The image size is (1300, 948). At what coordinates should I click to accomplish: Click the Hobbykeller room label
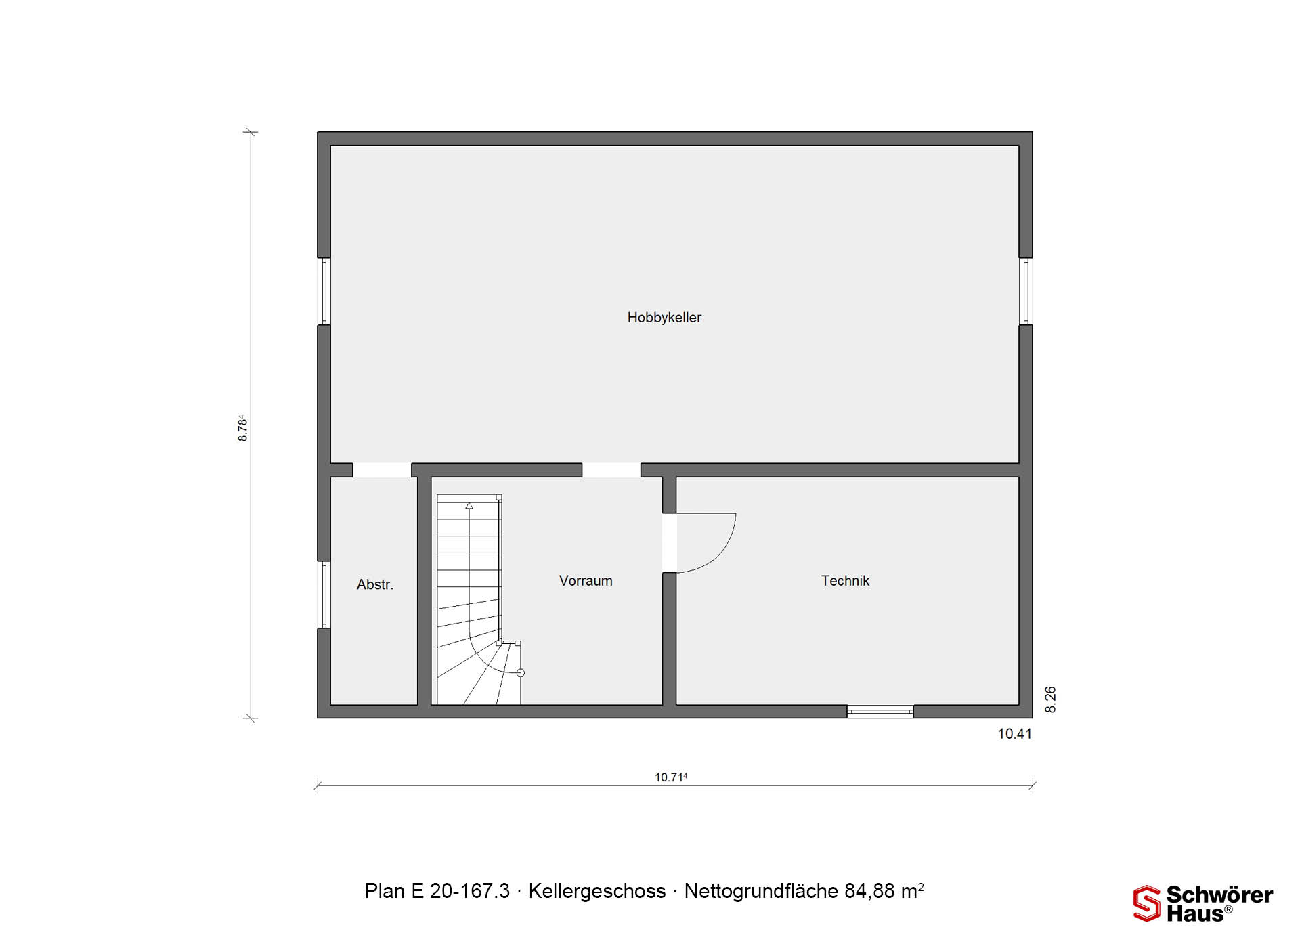tap(664, 318)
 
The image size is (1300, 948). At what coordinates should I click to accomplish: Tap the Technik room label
tap(845, 580)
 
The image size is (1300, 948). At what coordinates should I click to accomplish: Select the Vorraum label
tap(586, 580)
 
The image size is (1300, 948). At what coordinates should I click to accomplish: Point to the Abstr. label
tap(375, 584)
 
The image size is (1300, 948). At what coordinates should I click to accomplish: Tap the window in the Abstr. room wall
tap(324, 595)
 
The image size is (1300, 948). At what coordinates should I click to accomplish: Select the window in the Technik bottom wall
tap(880, 711)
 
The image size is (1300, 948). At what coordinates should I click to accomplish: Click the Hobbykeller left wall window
tap(324, 291)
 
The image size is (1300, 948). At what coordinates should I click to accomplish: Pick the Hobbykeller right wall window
tap(1026, 291)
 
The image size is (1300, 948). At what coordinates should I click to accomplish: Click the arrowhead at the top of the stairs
tap(469, 505)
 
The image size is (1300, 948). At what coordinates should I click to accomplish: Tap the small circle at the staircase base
tap(521, 672)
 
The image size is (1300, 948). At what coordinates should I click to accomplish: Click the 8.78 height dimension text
tap(242, 429)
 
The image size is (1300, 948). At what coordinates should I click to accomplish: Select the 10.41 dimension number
tap(1015, 733)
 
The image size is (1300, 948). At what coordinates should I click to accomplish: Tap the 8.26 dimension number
tap(1050, 699)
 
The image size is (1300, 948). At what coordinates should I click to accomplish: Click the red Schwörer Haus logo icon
tap(1147, 903)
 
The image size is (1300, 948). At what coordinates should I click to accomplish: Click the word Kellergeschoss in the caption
tap(597, 891)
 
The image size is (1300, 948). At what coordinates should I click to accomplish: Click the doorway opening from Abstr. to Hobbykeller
tap(382, 470)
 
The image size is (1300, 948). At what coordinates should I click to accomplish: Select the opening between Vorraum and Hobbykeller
tap(611, 470)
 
